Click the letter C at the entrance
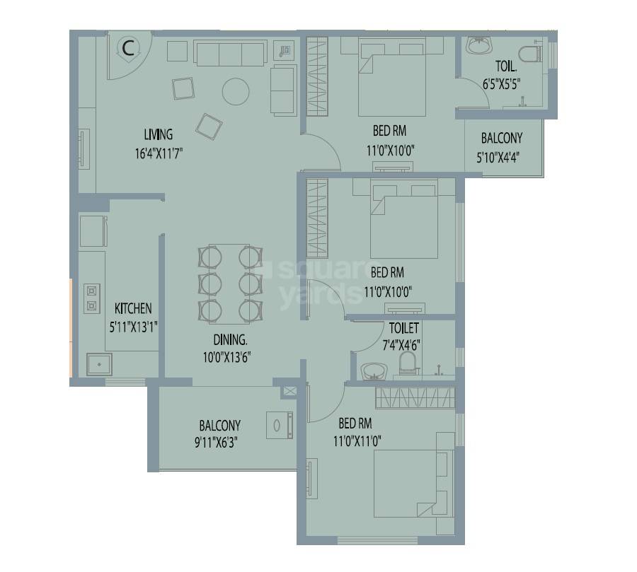127,48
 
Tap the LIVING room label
158,134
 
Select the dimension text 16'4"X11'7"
158,151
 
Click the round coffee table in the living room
236,91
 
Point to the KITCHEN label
133,308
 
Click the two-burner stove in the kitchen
91,298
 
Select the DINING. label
226,339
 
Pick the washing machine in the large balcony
280,426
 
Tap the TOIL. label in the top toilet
505,68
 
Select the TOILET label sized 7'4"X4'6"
403,328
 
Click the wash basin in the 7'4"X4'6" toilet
373,370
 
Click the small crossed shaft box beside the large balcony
289,391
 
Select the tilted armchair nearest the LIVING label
210,126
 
